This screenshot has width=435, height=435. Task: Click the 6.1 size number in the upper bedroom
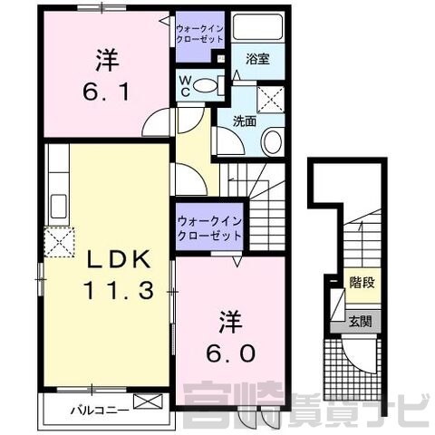(106, 92)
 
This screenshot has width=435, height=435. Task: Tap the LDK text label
(119, 259)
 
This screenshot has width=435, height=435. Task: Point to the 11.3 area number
(119, 290)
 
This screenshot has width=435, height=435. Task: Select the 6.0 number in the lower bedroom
(231, 353)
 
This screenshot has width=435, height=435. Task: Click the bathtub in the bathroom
(257, 27)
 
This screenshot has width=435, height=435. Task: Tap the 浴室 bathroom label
(257, 59)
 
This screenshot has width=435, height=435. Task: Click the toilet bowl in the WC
(205, 86)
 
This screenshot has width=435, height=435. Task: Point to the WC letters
(185, 86)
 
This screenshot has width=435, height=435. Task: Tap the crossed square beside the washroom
(271, 100)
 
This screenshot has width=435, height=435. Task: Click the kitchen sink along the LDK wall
(59, 207)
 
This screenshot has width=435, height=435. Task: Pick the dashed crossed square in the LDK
(59, 242)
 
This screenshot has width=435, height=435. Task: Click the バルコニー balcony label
(100, 411)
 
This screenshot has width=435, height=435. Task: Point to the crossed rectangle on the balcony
(148, 401)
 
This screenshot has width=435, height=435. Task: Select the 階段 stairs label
(362, 283)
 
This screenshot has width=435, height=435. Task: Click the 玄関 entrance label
(360, 322)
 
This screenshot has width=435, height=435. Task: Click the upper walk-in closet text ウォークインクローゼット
(199, 34)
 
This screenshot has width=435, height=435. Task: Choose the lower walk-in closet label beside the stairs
(209, 228)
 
